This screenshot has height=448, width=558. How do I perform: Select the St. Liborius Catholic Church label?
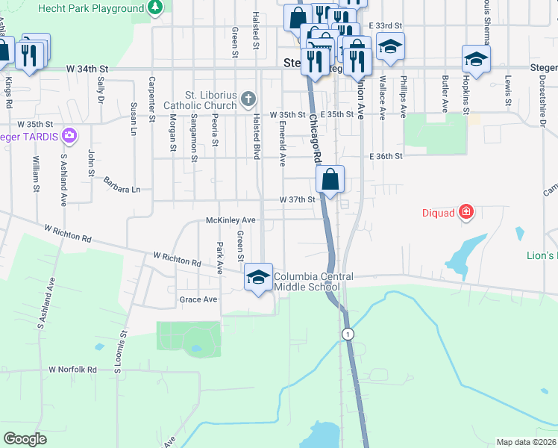point(200,100)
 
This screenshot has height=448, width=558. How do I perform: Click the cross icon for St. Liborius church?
point(249,99)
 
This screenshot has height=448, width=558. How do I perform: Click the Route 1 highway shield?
point(348,334)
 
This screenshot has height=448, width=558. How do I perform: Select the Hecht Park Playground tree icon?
point(155,8)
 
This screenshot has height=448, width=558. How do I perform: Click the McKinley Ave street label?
point(231,220)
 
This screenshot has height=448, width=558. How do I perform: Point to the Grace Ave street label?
point(198,299)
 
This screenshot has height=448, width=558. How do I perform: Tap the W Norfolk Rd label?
point(72,369)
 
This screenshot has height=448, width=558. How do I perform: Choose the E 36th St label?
point(386,156)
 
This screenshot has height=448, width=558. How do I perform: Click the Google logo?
point(25,439)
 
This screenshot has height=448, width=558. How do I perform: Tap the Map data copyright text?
point(527,442)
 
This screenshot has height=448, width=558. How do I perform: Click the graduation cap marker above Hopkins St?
point(476,58)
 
